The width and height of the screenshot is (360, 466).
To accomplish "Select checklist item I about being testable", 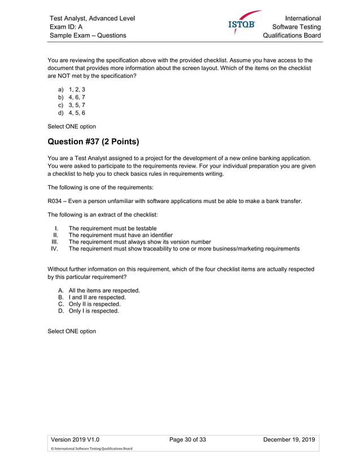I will (x=112, y=228).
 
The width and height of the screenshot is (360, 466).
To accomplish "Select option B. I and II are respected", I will (x=96, y=297).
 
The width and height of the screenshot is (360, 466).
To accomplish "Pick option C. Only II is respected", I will (x=94, y=304).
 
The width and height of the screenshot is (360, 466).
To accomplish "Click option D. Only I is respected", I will (x=93, y=311).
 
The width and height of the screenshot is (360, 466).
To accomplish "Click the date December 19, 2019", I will (x=288, y=439).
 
